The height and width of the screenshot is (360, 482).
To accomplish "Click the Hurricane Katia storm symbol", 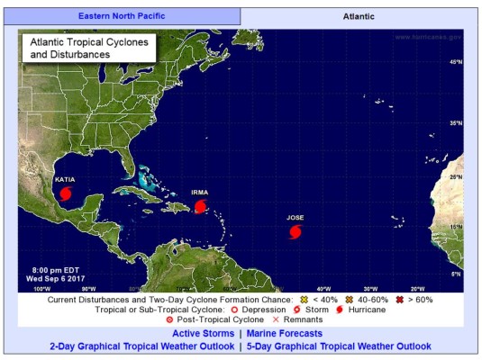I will [x=63, y=193].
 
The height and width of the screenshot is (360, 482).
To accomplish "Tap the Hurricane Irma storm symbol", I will [x=200, y=206].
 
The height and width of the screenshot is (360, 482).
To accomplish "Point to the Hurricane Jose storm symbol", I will [x=296, y=232].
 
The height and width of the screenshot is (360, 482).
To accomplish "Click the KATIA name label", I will [x=65, y=179].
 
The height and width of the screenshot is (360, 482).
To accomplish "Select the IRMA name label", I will [x=200, y=193].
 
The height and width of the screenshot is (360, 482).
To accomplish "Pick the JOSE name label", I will [x=296, y=218].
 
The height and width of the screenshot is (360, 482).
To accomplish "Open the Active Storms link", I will [x=204, y=333].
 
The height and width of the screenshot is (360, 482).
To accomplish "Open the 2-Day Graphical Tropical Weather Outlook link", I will [x=142, y=346].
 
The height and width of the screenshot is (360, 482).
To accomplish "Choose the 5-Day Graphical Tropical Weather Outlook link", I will [x=338, y=346].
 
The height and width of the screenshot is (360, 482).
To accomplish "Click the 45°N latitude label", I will [x=456, y=62].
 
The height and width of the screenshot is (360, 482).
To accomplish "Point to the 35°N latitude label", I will [x=456, y=123].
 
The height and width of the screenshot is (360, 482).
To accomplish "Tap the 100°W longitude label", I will [x=41, y=289].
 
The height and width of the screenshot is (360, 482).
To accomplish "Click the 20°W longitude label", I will [x=416, y=289].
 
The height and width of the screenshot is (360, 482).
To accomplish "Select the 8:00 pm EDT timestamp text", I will [x=50, y=270].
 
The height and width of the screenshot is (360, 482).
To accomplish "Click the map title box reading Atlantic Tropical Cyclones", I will [x=86, y=49].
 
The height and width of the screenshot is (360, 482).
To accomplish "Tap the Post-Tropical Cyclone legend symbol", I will [x=170, y=319].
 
